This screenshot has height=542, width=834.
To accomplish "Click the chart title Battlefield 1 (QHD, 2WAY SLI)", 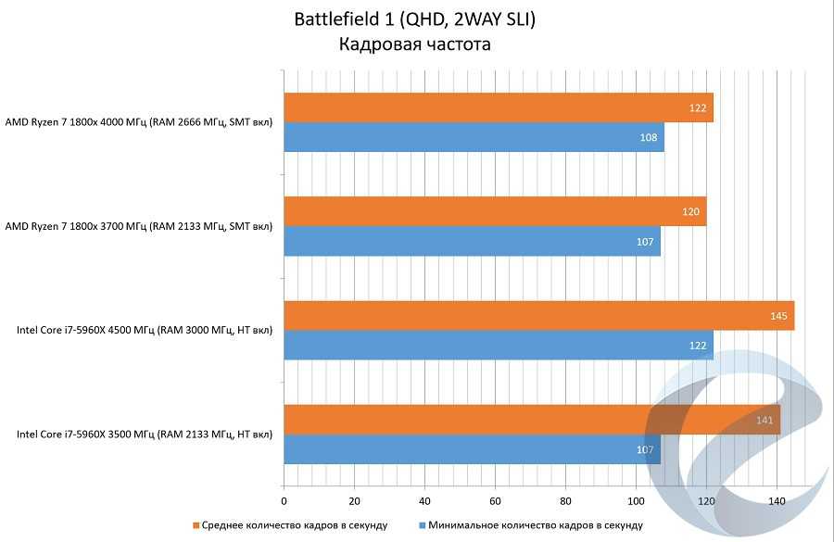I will (x=414, y=19).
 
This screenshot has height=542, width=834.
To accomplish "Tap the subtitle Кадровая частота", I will (x=414, y=44).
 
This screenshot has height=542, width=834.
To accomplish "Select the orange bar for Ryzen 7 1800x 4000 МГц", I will (x=498, y=107).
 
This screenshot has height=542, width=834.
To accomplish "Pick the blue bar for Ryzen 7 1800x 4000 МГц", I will (x=474, y=137).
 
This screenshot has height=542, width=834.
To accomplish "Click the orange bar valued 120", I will (x=495, y=211).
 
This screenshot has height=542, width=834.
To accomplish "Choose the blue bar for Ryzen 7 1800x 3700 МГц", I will (x=472, y=241).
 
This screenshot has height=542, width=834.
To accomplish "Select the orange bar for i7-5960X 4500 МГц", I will (x=538, y=316).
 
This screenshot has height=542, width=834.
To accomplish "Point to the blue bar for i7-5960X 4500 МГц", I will (x=498, y=346).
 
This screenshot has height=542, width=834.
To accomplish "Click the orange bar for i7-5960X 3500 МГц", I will (x=532, y=420).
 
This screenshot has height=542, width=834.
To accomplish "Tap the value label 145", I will (x=778, y=317).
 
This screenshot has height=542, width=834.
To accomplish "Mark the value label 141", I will (x=764, y=421).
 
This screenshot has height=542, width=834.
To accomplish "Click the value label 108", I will (x=649, y=138).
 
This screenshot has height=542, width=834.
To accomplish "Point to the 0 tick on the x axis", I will (x=284, y=500).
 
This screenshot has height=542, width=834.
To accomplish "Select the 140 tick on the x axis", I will (x=777, y=500).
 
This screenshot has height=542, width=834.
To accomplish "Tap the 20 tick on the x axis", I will (x=354, y=500).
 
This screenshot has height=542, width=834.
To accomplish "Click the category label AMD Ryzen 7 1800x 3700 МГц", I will (x=139, y=225).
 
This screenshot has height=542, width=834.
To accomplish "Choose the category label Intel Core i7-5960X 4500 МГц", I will (x=145, y=330).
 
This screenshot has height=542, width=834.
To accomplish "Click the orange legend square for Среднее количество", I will (x=196, y=525).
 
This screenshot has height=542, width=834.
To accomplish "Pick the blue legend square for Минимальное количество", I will (x=423, y=525).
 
